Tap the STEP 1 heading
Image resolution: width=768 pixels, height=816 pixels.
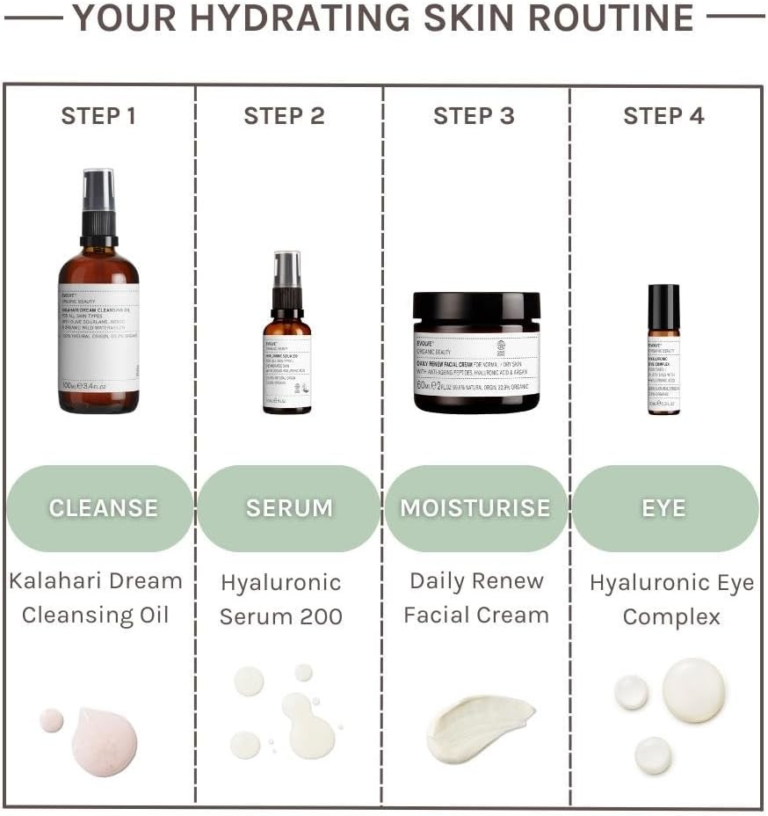coord(98,116)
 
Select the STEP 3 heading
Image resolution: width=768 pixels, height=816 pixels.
coord(474,116)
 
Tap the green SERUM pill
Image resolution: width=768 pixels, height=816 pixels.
coord(289,508)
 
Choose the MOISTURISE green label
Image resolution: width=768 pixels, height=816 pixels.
coord(475,508)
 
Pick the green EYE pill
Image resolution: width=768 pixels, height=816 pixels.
coord(664,508)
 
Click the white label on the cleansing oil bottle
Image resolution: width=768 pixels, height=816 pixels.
coord(98,339)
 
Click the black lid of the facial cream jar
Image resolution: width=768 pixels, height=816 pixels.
coord(476,307)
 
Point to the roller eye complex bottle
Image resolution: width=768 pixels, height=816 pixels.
coord(663,350)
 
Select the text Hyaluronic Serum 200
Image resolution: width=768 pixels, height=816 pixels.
coord(281,599)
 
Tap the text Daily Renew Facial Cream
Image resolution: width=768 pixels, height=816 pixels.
coord(475,598)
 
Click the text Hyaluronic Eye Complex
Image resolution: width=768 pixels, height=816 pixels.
coord(671,599)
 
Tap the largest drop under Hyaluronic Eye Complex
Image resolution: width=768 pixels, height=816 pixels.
coord(694,690)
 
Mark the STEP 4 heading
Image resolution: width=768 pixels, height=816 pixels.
coord(663,116)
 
